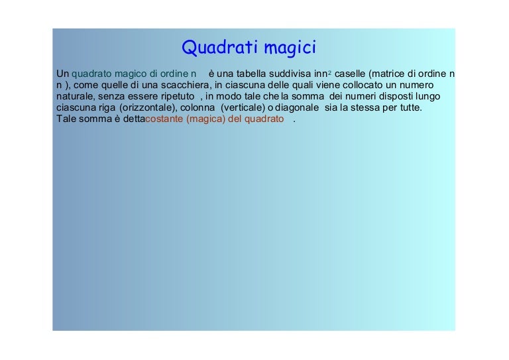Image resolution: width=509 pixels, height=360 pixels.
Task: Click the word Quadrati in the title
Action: (x=220, y=47)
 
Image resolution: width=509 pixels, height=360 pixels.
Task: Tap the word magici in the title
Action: (x=290, y=48)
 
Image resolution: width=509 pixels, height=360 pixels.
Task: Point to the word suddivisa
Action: (x=290, y=74)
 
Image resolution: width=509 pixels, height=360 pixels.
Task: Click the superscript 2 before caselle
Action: (x=330, y=73)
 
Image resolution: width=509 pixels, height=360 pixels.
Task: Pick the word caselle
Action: (x=350, y=74)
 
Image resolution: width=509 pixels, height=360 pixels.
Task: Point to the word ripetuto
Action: (x=178, y=96)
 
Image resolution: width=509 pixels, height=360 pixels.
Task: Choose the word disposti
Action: (x=396, y=96)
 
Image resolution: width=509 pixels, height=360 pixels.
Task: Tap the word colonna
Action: (x=198, y=107)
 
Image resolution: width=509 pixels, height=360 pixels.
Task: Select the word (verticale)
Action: (x=243, y=107)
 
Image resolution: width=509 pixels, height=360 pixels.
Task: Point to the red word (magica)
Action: (x=206, y=119)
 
